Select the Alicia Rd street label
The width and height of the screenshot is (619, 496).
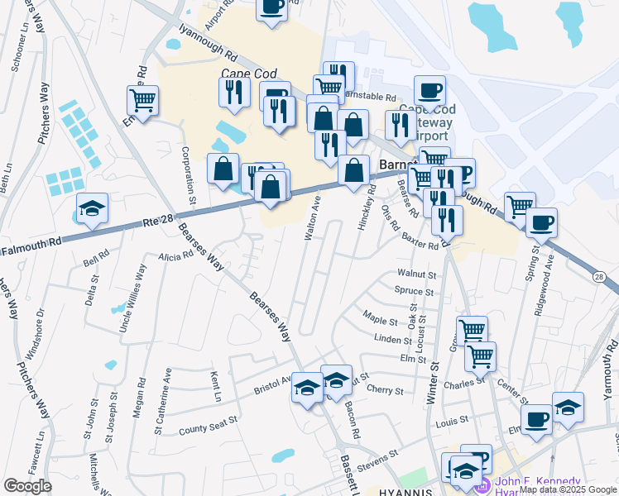175,255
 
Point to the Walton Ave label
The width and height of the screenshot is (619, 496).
312,218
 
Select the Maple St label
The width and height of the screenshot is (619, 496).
381,316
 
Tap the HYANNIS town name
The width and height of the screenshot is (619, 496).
405,491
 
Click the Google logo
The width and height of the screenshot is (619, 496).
27,486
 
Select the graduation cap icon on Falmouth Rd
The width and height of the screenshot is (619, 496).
92,210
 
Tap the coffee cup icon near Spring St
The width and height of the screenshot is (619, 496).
541,222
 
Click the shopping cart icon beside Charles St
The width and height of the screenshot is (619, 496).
479,357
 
